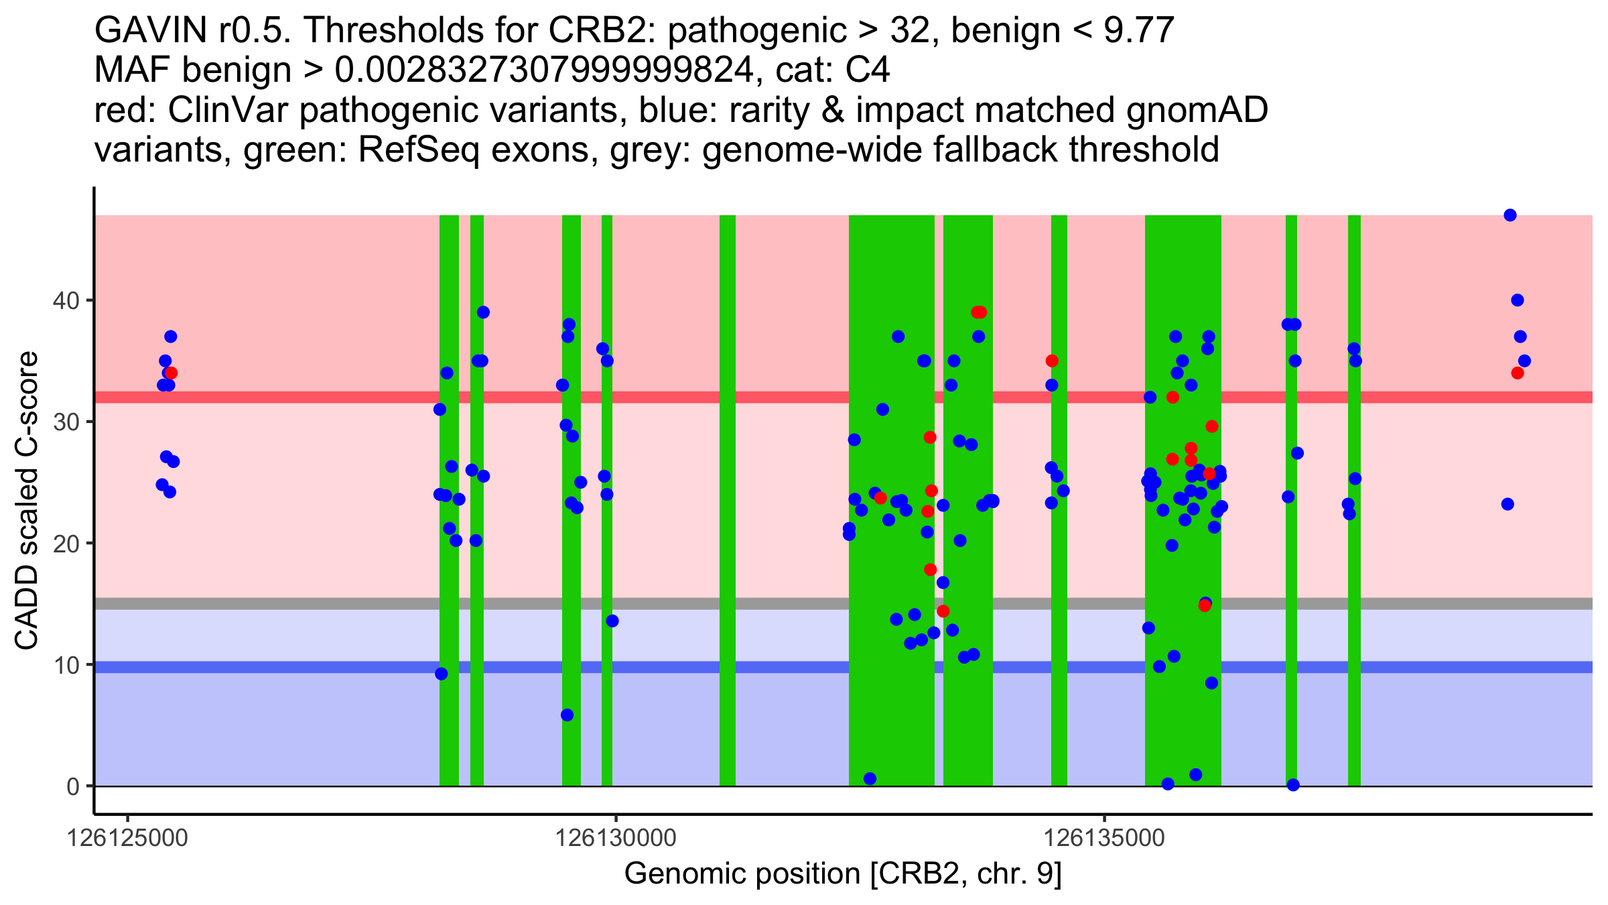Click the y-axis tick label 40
tap(65, 300)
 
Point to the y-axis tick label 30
tap(65, 422)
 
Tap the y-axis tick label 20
tap(65, 544)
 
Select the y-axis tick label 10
tap(65, 665)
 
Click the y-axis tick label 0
tap(72, 786)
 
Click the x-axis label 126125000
tap(127, 839)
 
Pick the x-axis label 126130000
tap(616, 839)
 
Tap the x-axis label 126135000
tap(1104, 839)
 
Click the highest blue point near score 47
tap(1510, 215)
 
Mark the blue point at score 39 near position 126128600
tap(483, 312)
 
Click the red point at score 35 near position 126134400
tap(1052, 361)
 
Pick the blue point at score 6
tap(567, 715)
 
